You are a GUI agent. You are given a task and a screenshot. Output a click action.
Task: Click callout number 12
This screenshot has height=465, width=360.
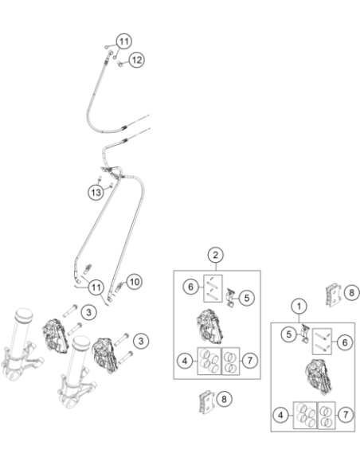pyautogui.click(x=136, y=60)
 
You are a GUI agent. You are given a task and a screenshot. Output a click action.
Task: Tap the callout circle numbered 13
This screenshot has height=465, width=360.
pyautogui.click(x=96, y=193)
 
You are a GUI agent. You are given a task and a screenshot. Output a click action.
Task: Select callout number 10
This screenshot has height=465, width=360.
pyautogui.click(x=135, y=282)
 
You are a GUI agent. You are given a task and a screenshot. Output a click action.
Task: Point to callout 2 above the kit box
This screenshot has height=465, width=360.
pyautogui.click(x=216, y=255)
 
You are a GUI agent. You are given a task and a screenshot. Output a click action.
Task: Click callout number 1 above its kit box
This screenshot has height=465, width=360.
pyautogui.click(x=299, y=306)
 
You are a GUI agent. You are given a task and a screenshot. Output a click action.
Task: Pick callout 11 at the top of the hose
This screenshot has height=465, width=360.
pyautogui.click(x=124, y=41)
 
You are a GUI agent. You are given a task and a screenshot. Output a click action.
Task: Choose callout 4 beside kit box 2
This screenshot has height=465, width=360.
pyautogui.click(x=185, y=361)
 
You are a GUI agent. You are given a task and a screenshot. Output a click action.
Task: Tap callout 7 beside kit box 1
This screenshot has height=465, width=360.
pyautogui.click(x=346, y=414)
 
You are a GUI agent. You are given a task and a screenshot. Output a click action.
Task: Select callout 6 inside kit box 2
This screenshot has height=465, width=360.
pyautogui.click(x=190, y=287)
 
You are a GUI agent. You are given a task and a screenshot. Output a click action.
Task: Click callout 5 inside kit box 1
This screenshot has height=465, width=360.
pyautogui.click(x=289, y=334)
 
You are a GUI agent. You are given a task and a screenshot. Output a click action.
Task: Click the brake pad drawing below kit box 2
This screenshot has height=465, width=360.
pyautogui.click(x=205, y=401)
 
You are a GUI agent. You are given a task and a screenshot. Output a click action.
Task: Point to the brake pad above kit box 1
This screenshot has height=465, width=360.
pyautogui.click(x=334, y=295)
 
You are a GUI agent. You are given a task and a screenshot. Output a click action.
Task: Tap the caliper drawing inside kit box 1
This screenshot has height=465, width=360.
pyautogui.click(x=316, y=377)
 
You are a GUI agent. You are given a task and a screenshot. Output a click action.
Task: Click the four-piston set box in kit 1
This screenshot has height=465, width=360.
pyautogui.click(x=305, y=415)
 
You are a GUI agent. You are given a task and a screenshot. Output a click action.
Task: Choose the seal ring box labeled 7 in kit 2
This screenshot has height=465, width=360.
pyautogui.click(x=231, y=361)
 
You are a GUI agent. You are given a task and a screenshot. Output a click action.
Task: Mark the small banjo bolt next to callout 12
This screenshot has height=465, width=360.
pyautogui.click(x=119, y=63)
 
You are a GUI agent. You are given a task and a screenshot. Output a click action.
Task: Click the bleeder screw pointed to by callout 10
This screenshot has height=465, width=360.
pyautogui.click(x=119, y=286)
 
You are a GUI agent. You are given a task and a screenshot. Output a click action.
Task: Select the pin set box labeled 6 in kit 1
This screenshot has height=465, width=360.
pyautogui.click(x=322, y=342)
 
